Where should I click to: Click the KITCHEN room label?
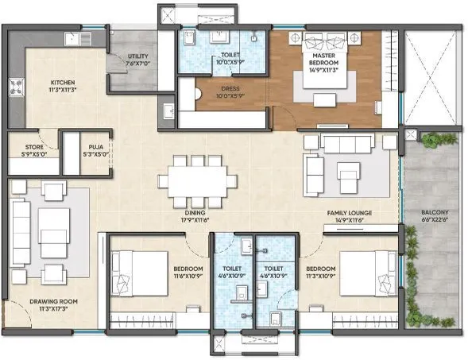(x=63, y=82)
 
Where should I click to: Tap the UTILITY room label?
(x=137, y=56)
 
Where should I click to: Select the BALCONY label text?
(x=435, y=213)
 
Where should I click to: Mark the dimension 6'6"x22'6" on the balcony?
(x=435, y=220)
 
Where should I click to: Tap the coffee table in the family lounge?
(x=348, y=172)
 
